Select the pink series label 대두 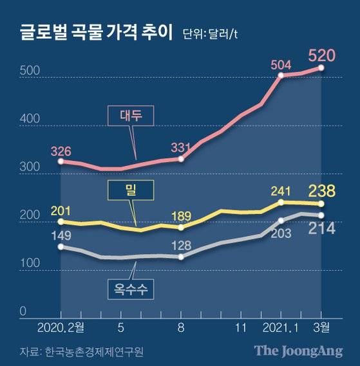tap(130, 116)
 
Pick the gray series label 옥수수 tap(130, 289)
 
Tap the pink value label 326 tap(61, 151)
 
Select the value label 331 tap(181, 147)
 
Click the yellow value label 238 tap(321, 190)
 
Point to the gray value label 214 tap(321, 228)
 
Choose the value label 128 tap(181, 244)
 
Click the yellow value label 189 tap(181, 215)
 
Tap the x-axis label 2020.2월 tap(60, 327)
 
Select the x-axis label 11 tap(241, 327)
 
